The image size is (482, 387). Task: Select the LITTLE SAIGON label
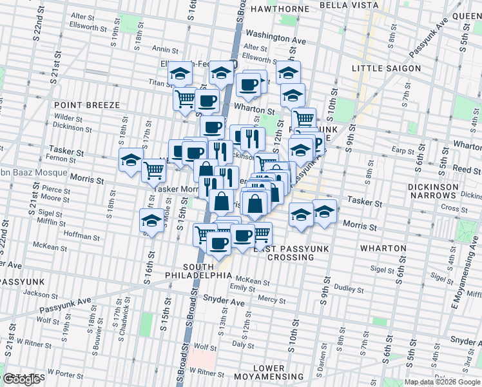(x=386, y=68)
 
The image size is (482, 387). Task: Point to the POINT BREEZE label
(x=86, y=104)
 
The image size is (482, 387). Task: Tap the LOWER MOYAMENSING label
(x=278, y=372)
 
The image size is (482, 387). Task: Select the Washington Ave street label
(x=275, y=39)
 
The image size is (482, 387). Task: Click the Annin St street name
(x=165, y=48)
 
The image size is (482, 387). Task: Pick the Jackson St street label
(x=35, y=293)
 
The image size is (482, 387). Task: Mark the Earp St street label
(x=404, y=152)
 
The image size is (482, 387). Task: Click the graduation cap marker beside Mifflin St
(x=151, y=221)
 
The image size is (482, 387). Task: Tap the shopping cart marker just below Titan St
(x=185, y=99)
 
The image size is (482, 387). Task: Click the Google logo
(x=22, y=379)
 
